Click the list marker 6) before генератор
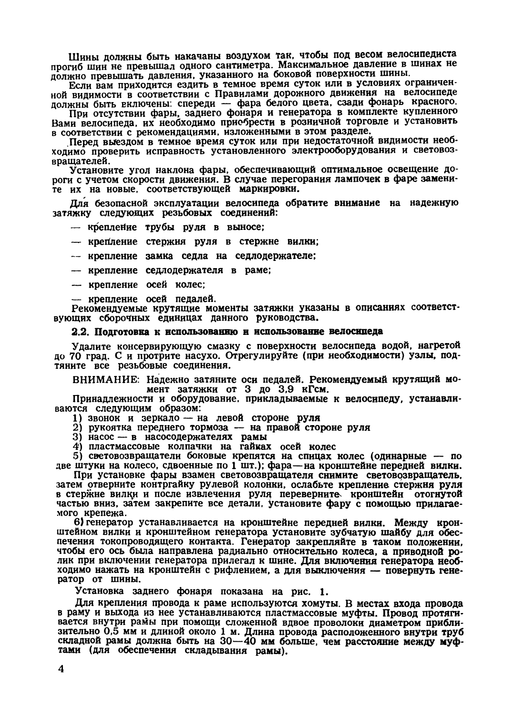click(75, 522)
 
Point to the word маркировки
click(258, 189)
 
